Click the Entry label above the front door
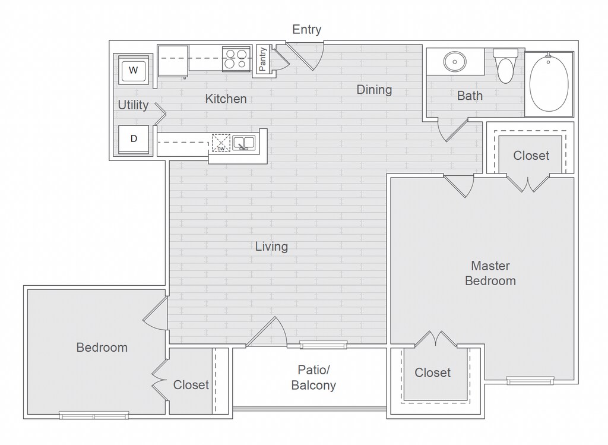point(307,30)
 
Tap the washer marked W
point(134,70)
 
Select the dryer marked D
point(134,139)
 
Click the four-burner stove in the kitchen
point(236,59)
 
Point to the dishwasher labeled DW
point(221,143)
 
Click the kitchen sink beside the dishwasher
point(243,143)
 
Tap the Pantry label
point(262,59)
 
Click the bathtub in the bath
point(549,82)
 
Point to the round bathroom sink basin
point(454,61)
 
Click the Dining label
point(374,90)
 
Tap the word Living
point(271,247)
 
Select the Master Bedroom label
point(490,273)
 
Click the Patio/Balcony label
point(313,377)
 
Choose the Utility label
point(133,105)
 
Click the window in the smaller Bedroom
point(94,415)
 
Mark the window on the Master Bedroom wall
point(530,381)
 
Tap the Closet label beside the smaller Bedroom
point(191,385)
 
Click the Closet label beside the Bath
point(531,156)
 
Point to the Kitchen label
point(226,99)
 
